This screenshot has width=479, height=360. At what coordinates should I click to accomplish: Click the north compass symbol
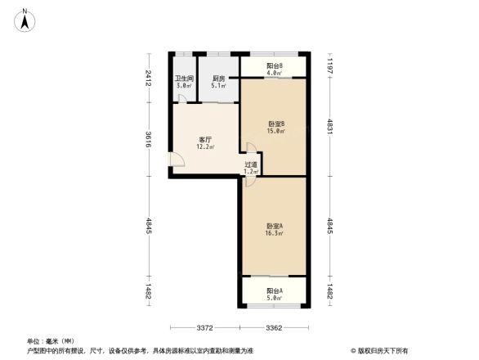pyautogui.click(x=26, y=19)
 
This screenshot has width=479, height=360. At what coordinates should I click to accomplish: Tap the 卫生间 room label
pyautogui.click(x=184, y=79)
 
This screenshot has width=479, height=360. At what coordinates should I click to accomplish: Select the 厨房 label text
pyautogui.click(x=217, y=79)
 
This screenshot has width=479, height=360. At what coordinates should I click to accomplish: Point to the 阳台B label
pyautogui.click(x=275, y=66)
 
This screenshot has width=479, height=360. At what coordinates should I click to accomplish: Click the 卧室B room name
pyautogui.click(x=275, y=124)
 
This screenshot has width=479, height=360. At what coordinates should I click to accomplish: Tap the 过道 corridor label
pyautogui.click(x=251, y=165)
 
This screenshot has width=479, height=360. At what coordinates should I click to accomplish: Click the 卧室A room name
pyautogui.click(x=274, y=226)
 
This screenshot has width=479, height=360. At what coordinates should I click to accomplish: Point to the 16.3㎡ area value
pyautogui.click(x=274, y=234)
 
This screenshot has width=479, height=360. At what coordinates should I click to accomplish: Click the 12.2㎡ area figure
pyautogui.click(x=205, y=148)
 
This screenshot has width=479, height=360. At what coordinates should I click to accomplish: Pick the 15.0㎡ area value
pyautogui.click(x=275, y=132)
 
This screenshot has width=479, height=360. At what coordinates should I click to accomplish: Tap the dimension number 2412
pyautogui.click(x=149, y=79)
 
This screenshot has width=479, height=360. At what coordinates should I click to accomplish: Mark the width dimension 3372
pyautogui.click(x=204, y=328)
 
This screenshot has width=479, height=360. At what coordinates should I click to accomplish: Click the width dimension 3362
pyautogui.click(x=274, y=328)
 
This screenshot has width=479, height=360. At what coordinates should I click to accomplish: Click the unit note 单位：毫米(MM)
pyautogui.click(x=51, y=341)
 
